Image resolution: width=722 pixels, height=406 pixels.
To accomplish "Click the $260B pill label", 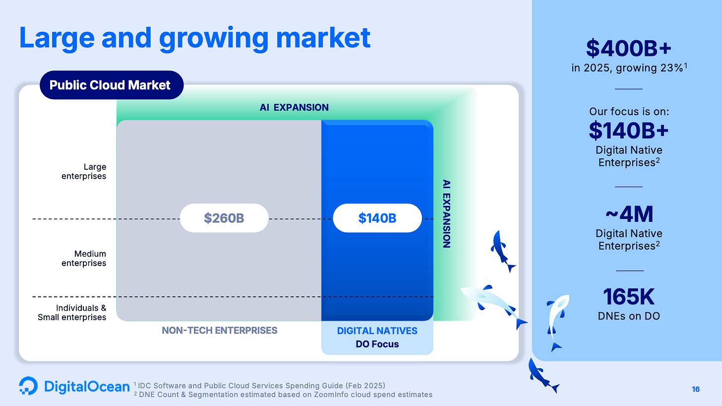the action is (224, 218).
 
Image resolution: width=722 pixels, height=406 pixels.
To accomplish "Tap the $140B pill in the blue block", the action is (377, 218).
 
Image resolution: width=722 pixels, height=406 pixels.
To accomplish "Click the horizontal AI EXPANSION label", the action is (294, 107).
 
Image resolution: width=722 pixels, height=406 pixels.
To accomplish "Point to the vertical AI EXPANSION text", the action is (446, 213).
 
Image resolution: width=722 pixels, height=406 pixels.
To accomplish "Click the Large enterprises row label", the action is (84, 171).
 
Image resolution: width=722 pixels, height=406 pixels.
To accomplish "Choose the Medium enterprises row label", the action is (84, 258).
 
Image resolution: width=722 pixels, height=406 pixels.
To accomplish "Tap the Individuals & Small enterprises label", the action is (72, 312).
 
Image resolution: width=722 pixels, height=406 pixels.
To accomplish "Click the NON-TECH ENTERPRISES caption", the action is (220, 331).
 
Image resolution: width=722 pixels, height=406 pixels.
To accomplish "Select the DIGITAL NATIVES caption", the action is (377, 331).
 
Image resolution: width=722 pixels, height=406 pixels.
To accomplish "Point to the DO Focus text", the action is (377, 344).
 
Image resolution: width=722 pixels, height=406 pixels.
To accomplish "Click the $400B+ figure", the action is (629, 49).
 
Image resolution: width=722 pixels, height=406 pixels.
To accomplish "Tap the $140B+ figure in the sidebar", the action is (629, 131).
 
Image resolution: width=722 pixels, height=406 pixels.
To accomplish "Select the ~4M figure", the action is (629, 214).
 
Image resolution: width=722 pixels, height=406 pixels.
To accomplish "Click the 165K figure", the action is (629, 297).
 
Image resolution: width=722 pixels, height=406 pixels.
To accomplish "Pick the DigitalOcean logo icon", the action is (28, 386).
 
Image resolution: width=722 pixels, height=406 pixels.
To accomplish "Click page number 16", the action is (696, 389).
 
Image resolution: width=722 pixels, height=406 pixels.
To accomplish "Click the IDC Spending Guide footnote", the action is (259, 386).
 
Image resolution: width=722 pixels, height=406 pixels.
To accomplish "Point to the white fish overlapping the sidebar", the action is (557, 321).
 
